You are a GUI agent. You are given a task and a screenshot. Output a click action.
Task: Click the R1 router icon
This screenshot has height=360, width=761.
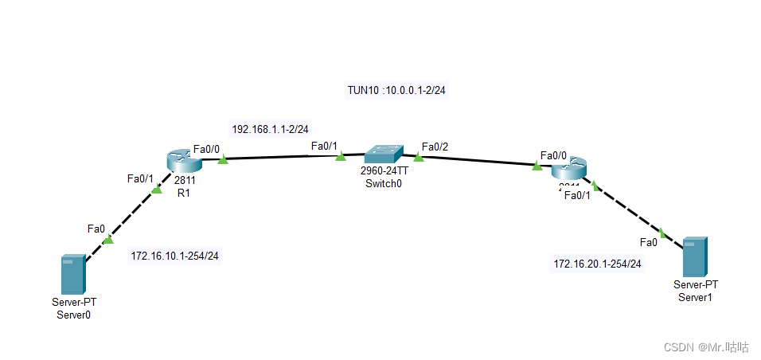tap(184, 160)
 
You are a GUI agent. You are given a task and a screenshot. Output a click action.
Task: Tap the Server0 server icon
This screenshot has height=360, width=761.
tap(75, 275)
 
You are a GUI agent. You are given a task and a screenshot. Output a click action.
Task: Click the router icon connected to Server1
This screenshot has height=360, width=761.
tap(568, 169)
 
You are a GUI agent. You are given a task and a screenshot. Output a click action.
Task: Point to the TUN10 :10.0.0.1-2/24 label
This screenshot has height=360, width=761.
tap(396, 90)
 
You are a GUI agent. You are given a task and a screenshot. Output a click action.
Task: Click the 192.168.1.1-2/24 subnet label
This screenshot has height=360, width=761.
tap(270, 128)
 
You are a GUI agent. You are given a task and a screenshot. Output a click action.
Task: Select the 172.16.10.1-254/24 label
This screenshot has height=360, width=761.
tap(174, 256)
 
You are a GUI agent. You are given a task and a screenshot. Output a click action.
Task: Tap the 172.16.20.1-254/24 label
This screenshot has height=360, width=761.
tap(597, 263)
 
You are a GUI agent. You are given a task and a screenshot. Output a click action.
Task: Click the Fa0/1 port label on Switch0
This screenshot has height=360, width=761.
tap(325, 146)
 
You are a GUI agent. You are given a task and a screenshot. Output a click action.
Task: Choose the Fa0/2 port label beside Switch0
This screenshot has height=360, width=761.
tap(435, 147)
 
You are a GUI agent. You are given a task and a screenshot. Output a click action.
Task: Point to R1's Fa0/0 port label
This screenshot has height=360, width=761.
tap(207, 148)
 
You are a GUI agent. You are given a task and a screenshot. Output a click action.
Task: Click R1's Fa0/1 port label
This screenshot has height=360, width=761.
tap(140, 178)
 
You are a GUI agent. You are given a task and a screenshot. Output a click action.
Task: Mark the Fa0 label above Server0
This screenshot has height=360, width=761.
tap(96, 229)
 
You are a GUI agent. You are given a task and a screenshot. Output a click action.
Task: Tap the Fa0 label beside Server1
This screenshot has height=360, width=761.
tap(649, 242)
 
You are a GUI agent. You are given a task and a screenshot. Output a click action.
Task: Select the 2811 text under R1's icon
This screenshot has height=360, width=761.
tap(185, 180)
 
